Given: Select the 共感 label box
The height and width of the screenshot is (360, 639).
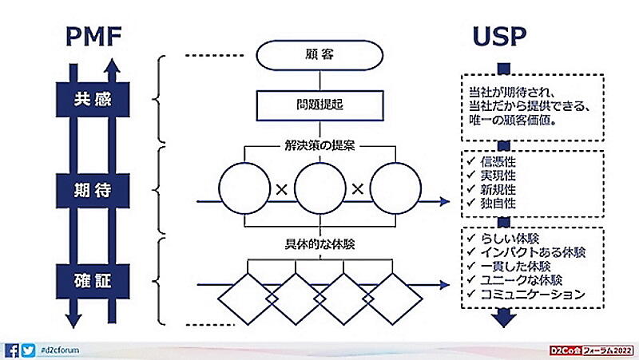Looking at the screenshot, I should coord(90,101).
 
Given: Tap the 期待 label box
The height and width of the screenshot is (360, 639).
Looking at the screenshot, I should coord(90,192).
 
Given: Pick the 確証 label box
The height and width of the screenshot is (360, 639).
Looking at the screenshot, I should coord(90,280).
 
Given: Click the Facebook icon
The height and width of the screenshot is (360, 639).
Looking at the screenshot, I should coord(12,350).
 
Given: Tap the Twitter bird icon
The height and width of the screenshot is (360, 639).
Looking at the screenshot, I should coord(29,350).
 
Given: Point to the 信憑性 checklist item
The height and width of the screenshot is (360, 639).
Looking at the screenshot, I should coord(498,160).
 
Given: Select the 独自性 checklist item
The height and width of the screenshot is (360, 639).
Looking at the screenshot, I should coord(498,203).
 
